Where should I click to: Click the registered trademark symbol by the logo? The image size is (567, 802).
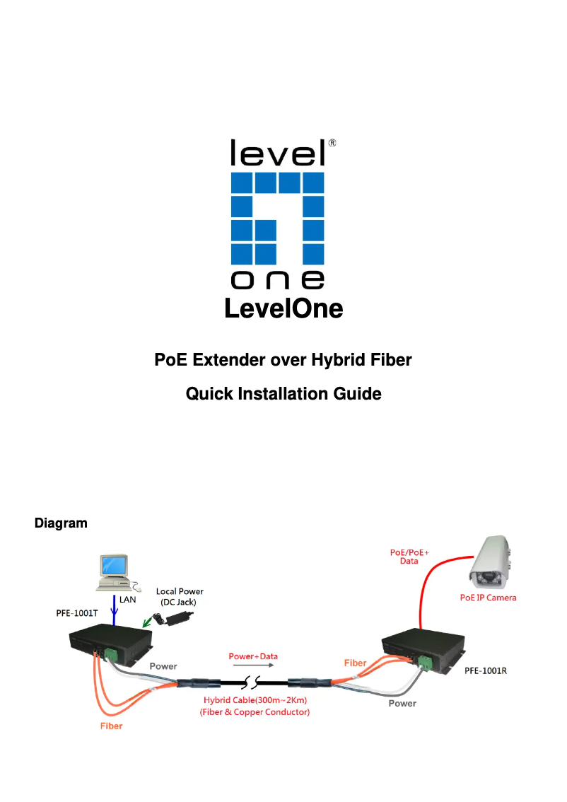click(332, 142)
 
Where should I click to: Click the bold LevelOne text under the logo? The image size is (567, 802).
click(283, 309)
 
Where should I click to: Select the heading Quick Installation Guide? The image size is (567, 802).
click(283, 394)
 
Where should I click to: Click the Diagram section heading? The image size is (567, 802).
click(61, 523)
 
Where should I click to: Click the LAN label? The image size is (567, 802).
click(128, 598)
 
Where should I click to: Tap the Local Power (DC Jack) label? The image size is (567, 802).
click(180, 596)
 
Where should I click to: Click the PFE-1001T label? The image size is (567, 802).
click(77, 613)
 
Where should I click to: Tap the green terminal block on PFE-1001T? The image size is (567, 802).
click(110, 654)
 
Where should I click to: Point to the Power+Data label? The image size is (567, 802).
click(253, 656)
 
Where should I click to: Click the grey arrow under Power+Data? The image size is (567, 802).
click(253, 666)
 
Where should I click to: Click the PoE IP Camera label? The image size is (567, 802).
click(488, 598)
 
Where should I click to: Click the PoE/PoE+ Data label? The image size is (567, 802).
click(409, 555)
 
